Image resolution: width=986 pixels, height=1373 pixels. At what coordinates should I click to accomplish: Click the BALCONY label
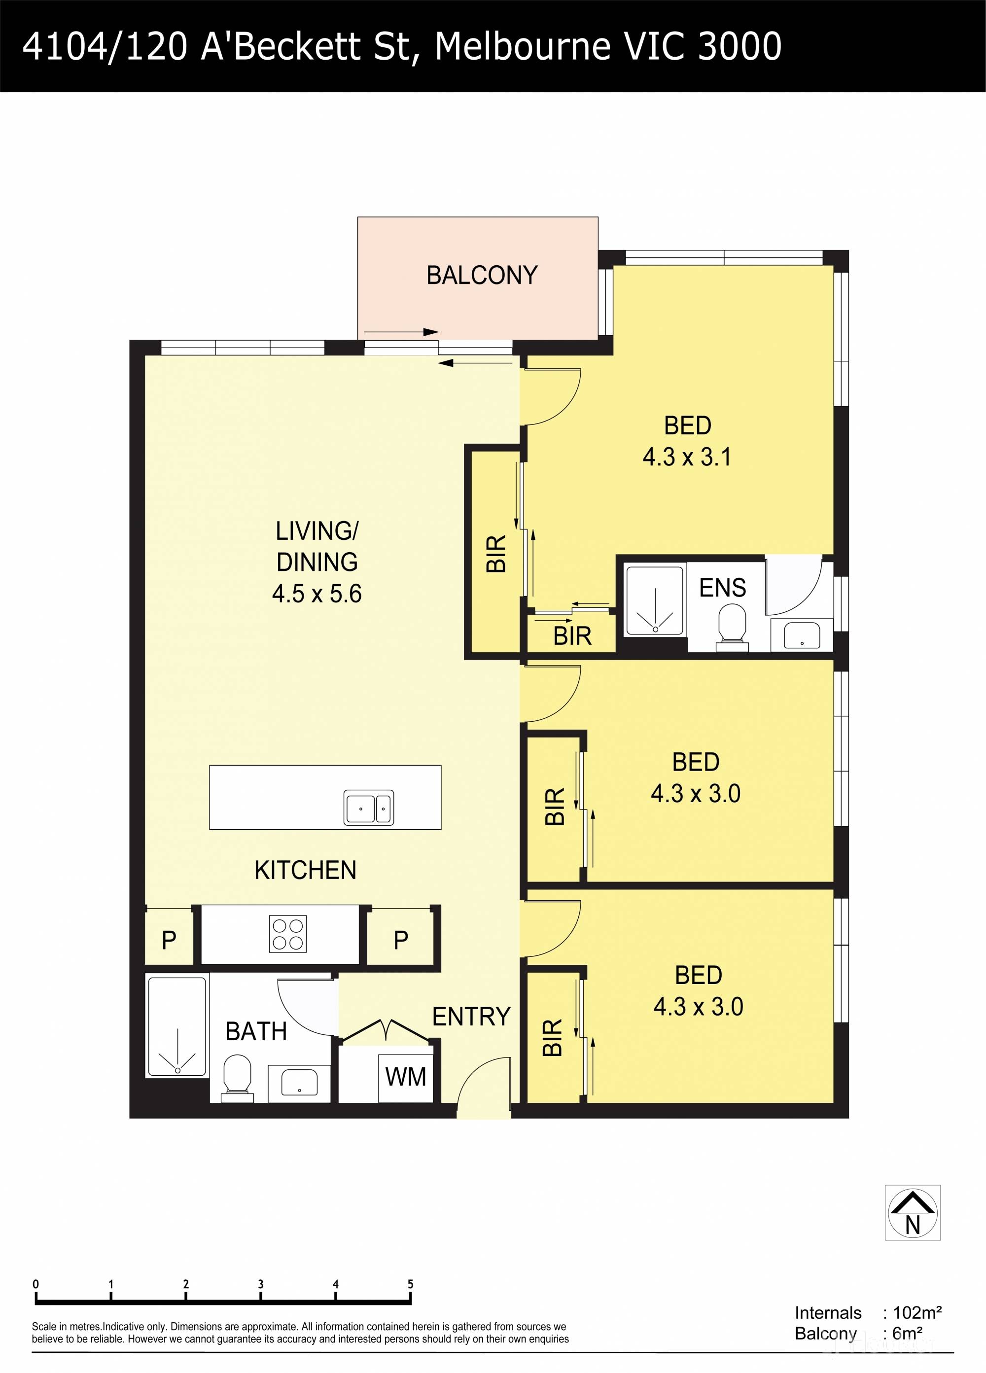point(482,276)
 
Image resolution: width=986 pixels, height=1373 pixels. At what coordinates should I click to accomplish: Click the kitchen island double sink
point(369,808)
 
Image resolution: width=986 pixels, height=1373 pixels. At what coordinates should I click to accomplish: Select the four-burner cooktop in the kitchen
point(288,934)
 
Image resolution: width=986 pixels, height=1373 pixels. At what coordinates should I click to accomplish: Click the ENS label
point(722,588)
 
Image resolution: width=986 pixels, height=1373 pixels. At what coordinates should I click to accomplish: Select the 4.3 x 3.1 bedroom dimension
point(687,457)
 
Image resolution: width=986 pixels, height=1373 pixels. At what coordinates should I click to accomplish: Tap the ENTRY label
point(471,1017)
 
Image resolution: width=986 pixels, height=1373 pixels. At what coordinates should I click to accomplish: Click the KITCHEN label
point(305,871)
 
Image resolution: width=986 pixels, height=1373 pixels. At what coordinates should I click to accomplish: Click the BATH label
point(256,1031)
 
